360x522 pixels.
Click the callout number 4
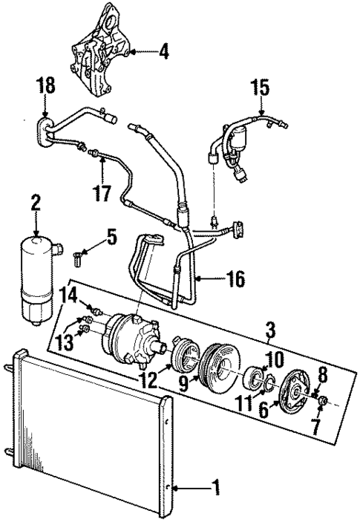coord(163,53)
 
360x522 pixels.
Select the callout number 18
coord(46,86)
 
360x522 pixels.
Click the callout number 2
coord(34,203)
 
